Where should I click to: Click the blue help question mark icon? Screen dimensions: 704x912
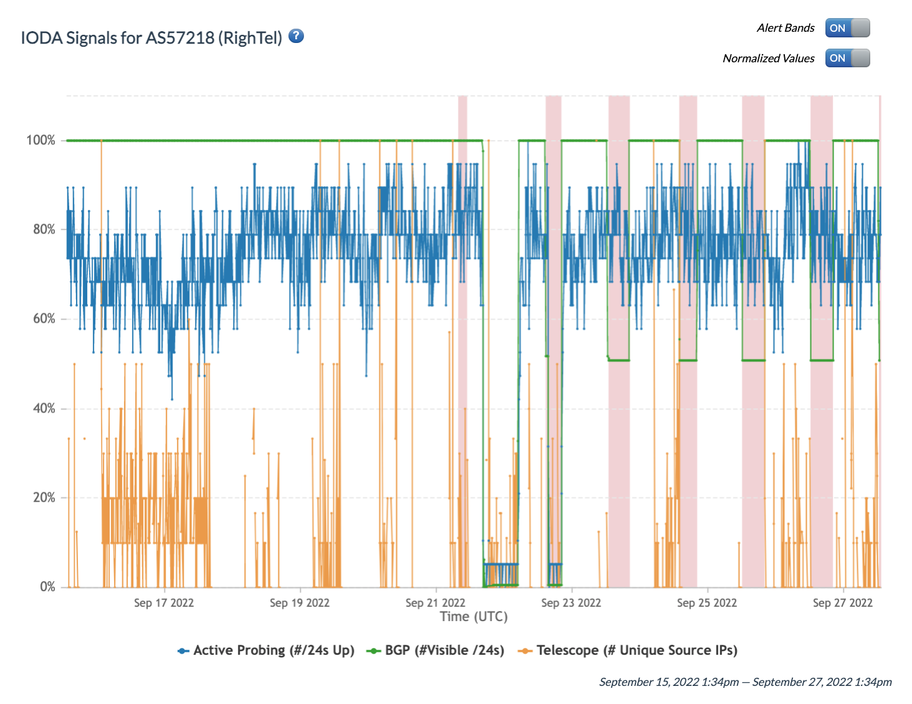pyautogui.click(x=297, y=36)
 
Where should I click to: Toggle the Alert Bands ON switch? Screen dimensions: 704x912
pyautogui.click(x=847, y=28)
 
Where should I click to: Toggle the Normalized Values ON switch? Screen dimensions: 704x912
pyautogui.click(x=847, y=58)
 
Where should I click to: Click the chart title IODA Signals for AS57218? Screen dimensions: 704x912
pyautogui.click(x=151, y=38)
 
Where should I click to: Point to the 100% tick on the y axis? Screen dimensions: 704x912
pyautogui.click(x=41, y=140)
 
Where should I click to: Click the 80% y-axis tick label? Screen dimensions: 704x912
pyautogui.click(x=44, y=229)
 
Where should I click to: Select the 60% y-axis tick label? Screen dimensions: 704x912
pyautogui.click(x=44, y=319)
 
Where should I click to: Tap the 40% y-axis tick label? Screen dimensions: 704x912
pyautogui.click(x=44, y=408)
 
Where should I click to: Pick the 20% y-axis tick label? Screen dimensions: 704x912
pyautogui.click(x=44, y=498)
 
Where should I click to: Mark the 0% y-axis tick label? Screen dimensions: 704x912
pyautogui.click(x=47, y=587)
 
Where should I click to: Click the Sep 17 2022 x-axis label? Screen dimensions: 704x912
pyautogui.click(x=164, y=603)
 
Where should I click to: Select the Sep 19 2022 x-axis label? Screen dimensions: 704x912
pyautogui.click(x=300, y=603)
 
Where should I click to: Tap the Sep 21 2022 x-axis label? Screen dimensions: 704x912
pyautogui.click(x=435, y=603)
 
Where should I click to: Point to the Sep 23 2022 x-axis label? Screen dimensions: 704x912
pyautogui.click(x=571, y=603)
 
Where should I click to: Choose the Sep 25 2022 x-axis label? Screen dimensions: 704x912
pyautogui.click(x=707, y=603)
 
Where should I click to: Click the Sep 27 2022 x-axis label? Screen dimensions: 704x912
pyautogui.click(x=843, y=603)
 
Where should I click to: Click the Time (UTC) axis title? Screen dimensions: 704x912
pyautogui.click(x=473, y=617)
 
